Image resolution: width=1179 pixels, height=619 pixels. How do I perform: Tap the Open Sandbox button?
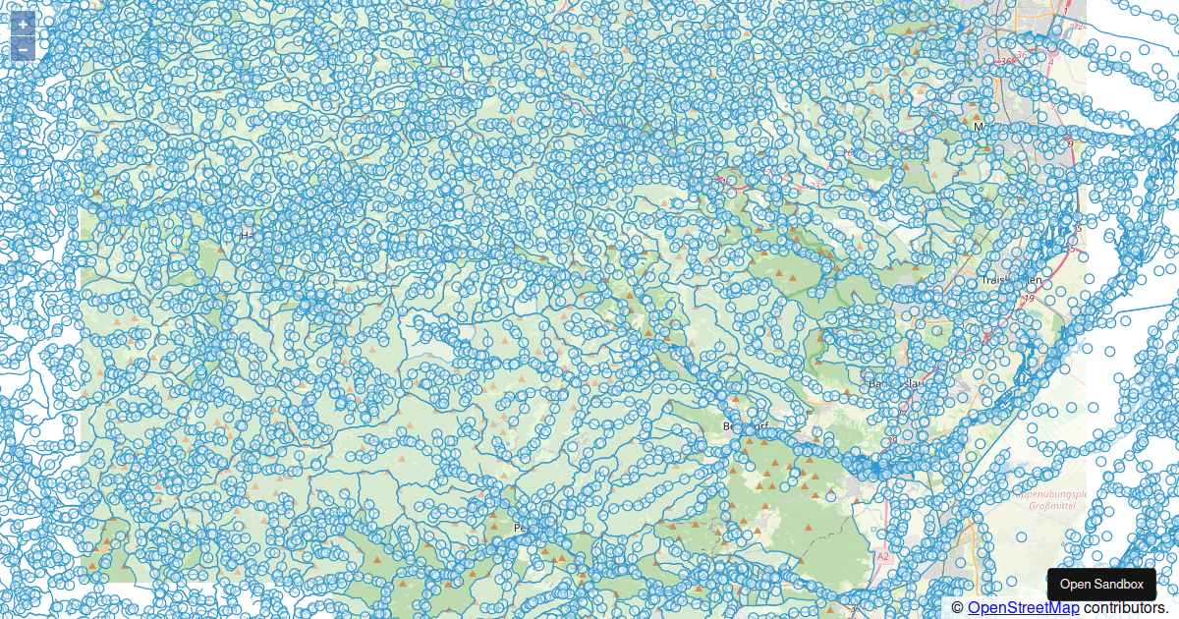tap(1101, 585)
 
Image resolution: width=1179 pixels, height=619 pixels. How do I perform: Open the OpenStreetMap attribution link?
tap(1022, 608)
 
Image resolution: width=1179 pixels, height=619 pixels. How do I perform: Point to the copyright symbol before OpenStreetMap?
tap(958, 608)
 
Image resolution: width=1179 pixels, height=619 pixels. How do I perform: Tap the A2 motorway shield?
tap(882, 557)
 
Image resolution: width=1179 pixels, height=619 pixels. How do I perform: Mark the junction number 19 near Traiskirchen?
tap(1029, 298)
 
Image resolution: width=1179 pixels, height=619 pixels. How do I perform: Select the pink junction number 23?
tap(814, 184)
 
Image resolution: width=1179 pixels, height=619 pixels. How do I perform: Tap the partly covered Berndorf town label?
tap(743, 426)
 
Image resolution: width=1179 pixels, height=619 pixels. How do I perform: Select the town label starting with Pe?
tap(522, 528)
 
